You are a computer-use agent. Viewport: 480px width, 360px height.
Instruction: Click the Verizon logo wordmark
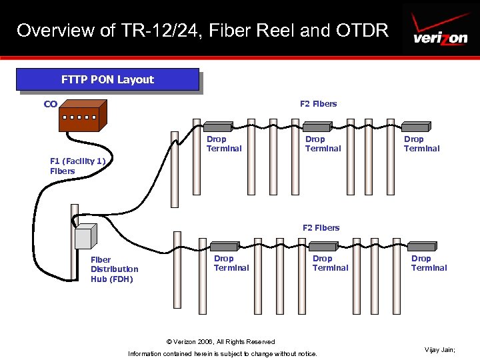click(440, 38)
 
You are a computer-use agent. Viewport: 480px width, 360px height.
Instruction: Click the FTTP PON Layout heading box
click(107, 79)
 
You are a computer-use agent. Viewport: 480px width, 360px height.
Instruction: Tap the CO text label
click(51, 104)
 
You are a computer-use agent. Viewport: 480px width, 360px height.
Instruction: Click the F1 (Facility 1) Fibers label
click(77, 166)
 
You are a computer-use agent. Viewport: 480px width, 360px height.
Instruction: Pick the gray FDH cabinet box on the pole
click(85, 237)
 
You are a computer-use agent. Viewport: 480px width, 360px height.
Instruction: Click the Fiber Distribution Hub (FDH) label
click(114, 269)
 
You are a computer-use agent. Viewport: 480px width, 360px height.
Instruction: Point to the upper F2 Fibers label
click(318, 103)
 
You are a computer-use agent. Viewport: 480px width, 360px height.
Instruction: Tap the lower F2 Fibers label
click(321, 227)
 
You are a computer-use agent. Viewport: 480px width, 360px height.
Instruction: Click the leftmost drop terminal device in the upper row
click(217, 126)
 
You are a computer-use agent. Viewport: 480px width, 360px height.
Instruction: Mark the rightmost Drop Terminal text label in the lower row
click(429, 263)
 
